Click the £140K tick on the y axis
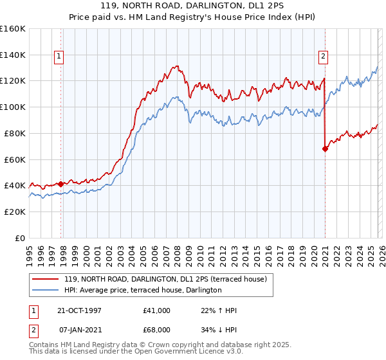[13, 55]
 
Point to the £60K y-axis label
[15, 159]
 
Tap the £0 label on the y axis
[20, 238]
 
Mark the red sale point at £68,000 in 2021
[325, 148]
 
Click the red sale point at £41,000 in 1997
[61, 184]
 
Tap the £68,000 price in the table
[157, 328]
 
